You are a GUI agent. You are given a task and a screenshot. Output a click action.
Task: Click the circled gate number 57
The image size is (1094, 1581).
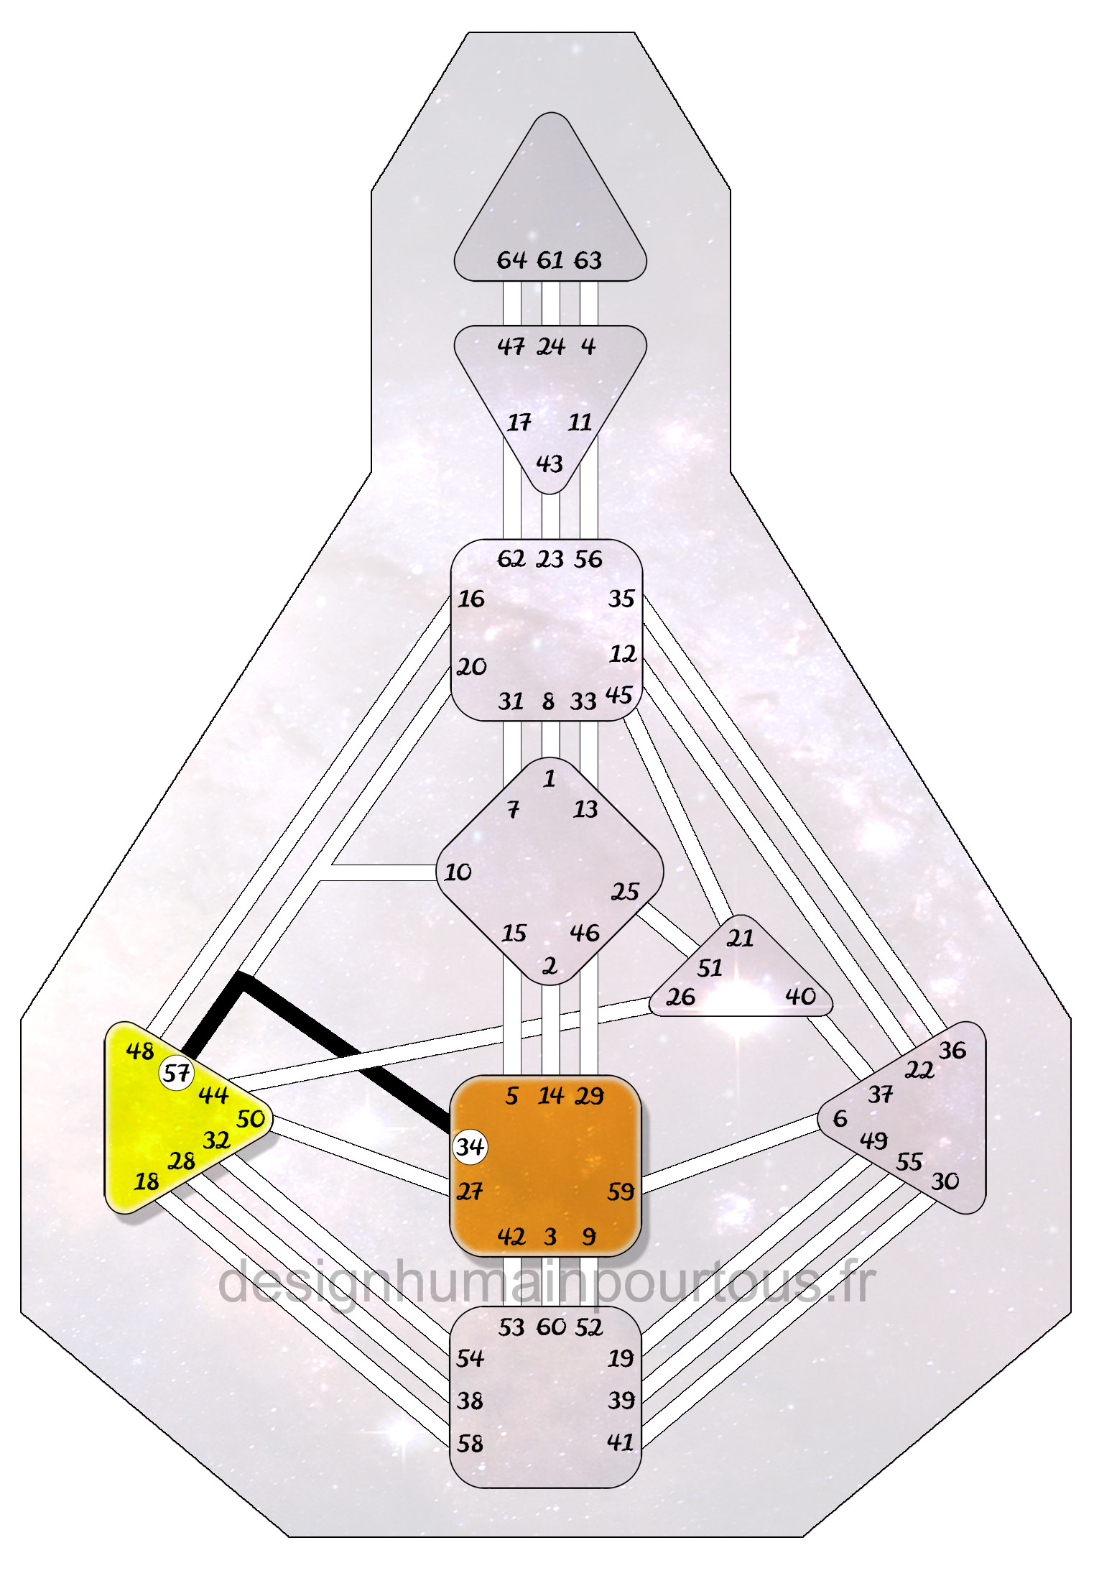coord(176,1074)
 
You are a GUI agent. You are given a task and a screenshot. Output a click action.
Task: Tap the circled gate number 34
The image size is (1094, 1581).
coord(470,1146)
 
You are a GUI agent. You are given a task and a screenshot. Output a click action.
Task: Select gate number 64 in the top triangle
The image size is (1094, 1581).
coord(511,260)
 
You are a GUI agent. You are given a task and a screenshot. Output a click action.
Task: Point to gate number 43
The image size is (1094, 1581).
coord(550,464)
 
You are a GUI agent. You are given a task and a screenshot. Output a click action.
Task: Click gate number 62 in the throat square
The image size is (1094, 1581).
coord(511,559)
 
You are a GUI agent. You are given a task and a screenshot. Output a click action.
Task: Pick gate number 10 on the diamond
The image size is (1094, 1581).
coord(458,872)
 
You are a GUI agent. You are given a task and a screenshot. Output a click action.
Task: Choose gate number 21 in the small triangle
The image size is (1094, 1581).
coord(741,939)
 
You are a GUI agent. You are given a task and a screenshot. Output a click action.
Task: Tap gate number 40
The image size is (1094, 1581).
coord(800,996)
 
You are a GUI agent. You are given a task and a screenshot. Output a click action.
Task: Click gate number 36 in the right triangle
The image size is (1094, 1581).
coord(952,1051)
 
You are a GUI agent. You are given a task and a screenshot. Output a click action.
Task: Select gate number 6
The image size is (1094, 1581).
coord(840,1118)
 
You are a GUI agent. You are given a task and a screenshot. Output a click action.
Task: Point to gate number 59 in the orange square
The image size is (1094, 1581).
coord(621,1192)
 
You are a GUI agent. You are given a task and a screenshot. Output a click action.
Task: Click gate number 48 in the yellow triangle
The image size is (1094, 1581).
coord(140,1051)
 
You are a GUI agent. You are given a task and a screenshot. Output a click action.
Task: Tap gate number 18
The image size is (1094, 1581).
coord(147,1181)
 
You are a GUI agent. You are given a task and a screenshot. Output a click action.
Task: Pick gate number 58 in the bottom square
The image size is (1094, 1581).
coord(470,1444)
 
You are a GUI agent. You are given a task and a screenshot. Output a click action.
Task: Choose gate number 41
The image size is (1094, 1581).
coord(621,1442)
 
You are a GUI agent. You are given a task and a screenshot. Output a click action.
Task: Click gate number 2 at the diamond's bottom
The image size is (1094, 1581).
coord(550,967)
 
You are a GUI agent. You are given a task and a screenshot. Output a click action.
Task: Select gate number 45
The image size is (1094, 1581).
coord(619,695)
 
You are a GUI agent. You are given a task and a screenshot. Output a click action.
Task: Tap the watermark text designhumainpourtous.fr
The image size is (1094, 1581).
coord(546,1283)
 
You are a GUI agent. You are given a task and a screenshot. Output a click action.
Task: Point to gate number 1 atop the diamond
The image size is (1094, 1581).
coord(550,779)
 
